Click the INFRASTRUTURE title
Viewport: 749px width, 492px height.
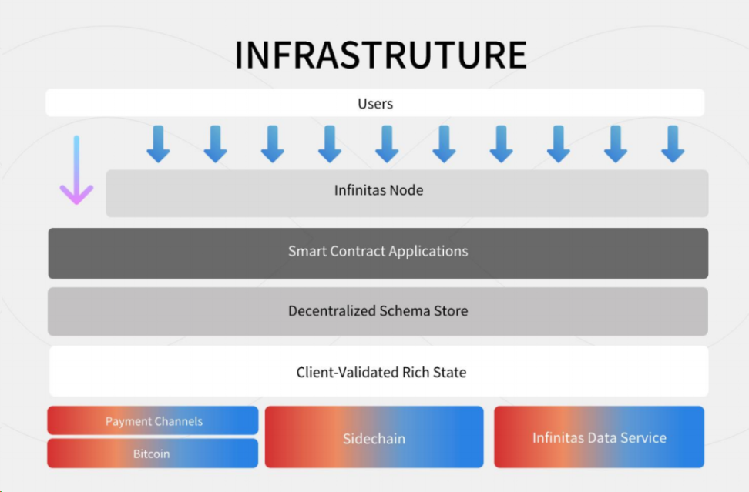(x=381, y=55)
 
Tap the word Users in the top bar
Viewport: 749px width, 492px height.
(x=375, y=104)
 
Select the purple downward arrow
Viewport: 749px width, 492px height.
(x=77, y=173)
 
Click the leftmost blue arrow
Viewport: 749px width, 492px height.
(x=158, y=143)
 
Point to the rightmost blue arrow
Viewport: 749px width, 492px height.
(x=673, y=143)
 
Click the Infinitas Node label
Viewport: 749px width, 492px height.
(x=378, y=190)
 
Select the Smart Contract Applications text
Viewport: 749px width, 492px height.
(x=378, y=251)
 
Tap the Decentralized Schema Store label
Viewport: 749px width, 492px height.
(x=378, y=311)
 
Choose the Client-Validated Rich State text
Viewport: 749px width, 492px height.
(x=381, y=373)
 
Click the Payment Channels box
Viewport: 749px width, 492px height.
(x=153, y=421)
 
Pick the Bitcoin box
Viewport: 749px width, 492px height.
(x=153, y=454)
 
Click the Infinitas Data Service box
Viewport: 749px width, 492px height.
(x=599, y=437)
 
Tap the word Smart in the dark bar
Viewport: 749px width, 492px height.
(x=305, y=251)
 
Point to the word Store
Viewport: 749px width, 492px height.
(x=450, y=311)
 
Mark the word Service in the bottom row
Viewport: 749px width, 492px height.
(x=643, y=437)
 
